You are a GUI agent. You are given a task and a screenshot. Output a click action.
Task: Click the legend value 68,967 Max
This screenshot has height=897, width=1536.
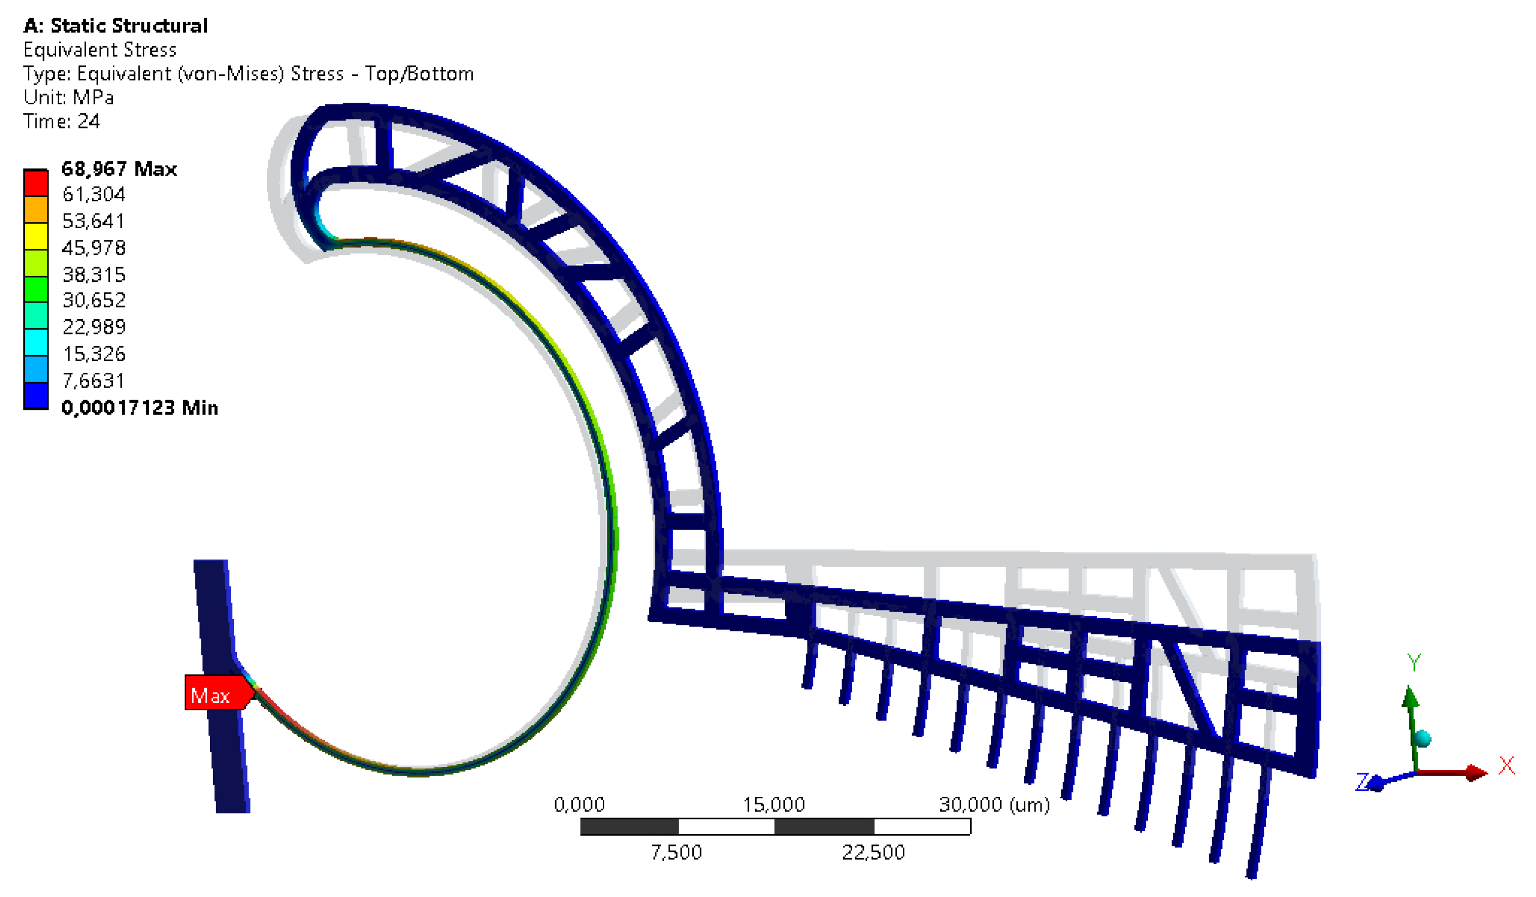coord(119,169)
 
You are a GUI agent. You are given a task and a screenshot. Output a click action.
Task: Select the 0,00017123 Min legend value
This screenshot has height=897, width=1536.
coord(140,408)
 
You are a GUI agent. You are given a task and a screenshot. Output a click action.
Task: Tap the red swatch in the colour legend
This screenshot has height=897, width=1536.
coord(36,183)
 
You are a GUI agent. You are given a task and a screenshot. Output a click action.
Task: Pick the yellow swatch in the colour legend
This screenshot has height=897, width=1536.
coord(36,236)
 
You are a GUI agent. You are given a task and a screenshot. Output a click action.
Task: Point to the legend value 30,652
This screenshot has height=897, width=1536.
coord(94,301)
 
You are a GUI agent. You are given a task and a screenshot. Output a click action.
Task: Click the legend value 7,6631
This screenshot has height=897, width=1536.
coord(93,381)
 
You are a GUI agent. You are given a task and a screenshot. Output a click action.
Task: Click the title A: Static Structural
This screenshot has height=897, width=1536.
coord(116,26)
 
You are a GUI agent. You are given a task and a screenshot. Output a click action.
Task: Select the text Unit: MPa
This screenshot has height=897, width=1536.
coord(68,98)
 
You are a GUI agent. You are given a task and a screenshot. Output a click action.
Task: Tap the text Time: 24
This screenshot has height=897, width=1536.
coord(62,122)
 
